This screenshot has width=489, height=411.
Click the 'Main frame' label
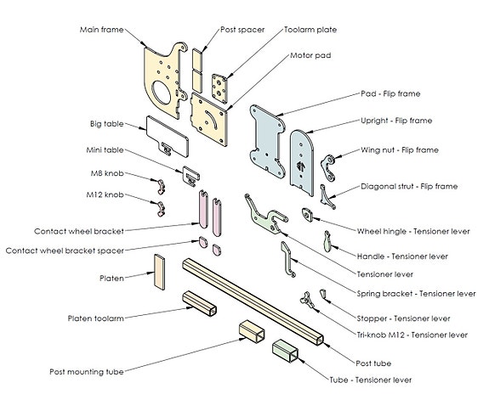pos(102,30)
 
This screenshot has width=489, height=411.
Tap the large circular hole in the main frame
pos(162,93)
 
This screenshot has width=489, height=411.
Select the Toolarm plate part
pos(219,88)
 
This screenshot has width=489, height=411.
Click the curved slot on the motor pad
pos(211,119)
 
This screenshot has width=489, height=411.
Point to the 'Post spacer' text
pos(242,30)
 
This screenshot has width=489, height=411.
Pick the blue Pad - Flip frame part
pos(268,141)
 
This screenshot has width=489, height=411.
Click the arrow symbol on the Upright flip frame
pos(301,166)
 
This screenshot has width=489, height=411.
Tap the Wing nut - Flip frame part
pos(328,168)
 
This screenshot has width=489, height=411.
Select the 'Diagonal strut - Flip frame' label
pos(409,186)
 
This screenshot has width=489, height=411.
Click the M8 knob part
pos(162,187)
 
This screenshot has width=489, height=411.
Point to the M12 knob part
pos(161,209)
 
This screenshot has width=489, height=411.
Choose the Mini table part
pos(190,177)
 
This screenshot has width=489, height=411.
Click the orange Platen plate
pos(159,272)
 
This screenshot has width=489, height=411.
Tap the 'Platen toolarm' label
pos(96,318)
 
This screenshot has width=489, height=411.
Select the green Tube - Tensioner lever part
pos(285,351)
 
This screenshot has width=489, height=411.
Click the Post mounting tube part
pos(252,331)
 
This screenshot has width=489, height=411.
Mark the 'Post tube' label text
pos(373,363)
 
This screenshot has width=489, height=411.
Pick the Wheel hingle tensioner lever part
pos(307,215)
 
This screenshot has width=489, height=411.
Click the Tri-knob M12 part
pos(307,300)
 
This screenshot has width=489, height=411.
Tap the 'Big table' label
pos(107,124)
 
